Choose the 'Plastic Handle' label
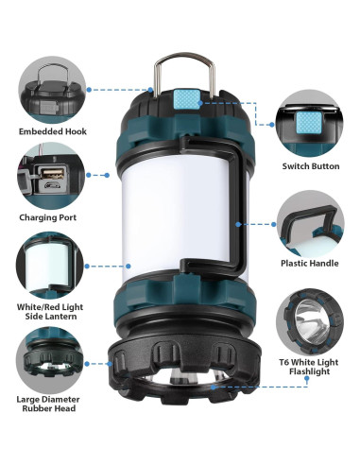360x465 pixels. click(309, 264)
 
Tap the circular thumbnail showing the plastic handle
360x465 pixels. click(310, 224)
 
